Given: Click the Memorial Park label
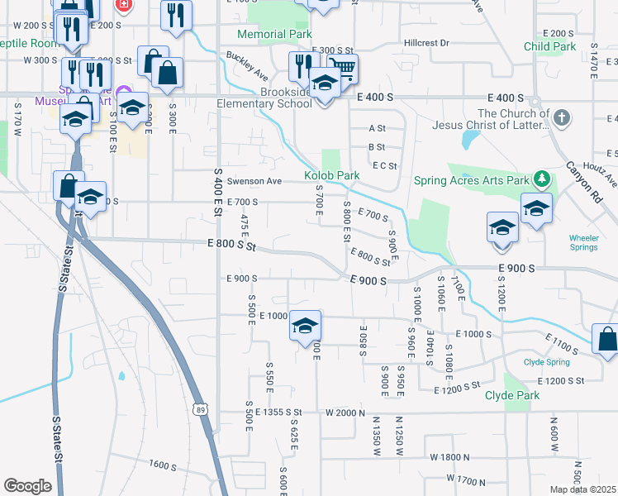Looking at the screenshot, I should click(274, 35).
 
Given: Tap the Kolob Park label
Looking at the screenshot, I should click(331, 176).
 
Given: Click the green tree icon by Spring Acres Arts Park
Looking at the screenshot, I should click(542, 179).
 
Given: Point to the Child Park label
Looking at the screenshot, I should click(550, 47).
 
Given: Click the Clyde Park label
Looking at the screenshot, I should click(511, 396).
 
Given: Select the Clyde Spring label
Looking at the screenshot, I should click(546, 362).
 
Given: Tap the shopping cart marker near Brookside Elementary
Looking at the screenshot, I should click(343, 69).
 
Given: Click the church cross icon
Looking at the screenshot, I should click(561, 118).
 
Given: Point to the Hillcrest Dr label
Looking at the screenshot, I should click(426, 42).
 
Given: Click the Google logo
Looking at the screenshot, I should click(27, 486).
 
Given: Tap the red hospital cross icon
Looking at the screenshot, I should click(125, 5).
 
